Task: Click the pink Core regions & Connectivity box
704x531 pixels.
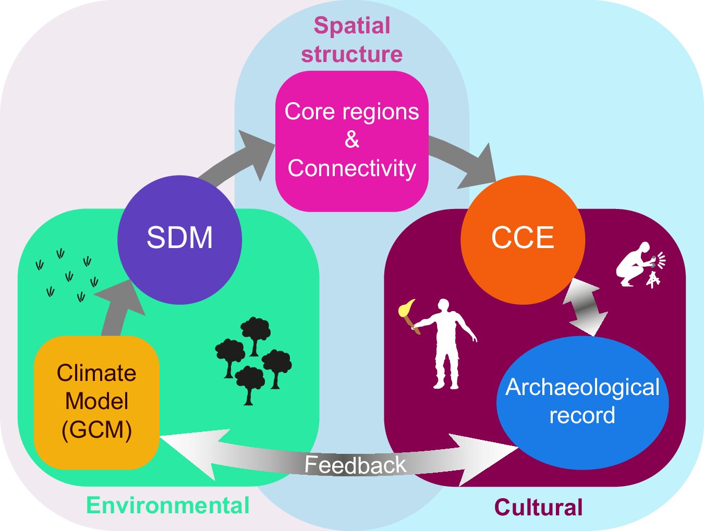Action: [351, 141]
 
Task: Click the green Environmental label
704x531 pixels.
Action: [167, 505]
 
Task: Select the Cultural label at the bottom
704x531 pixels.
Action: [538, 507]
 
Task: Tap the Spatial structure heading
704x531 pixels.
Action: [352, 40]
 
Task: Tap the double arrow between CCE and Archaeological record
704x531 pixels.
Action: [588, 307]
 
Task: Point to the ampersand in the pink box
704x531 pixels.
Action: [352, 140]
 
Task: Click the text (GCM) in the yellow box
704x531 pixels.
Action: [96, 430]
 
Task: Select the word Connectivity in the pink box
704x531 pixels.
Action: [352, 168]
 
